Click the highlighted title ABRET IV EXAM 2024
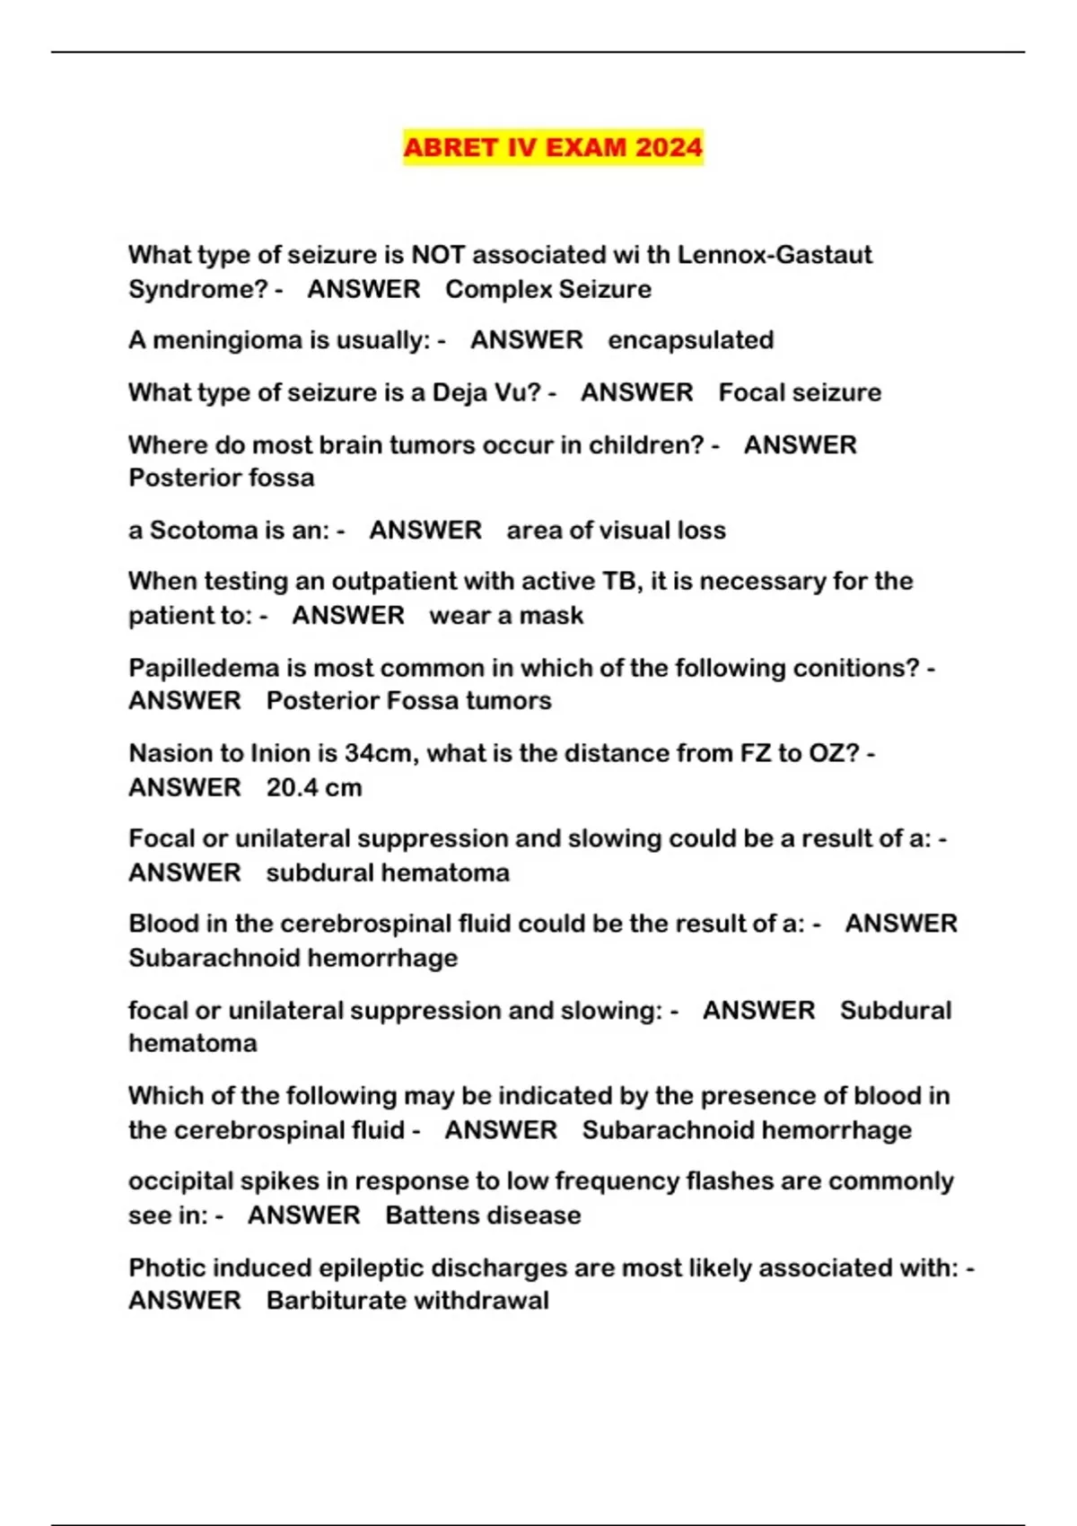click(553, 147)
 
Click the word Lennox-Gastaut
click(775, 255)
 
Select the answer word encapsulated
click(690, 340)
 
